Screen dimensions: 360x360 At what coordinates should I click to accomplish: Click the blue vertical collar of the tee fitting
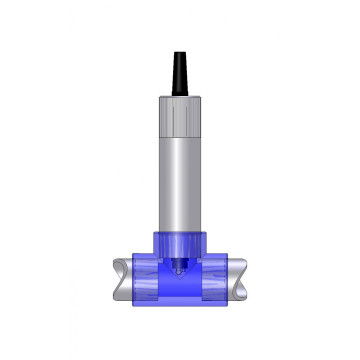(x=181, y=245)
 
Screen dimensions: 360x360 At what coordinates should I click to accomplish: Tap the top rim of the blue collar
(x=181, y=232)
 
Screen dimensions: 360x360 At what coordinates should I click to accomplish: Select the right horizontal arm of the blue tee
(x=221, y=282)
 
